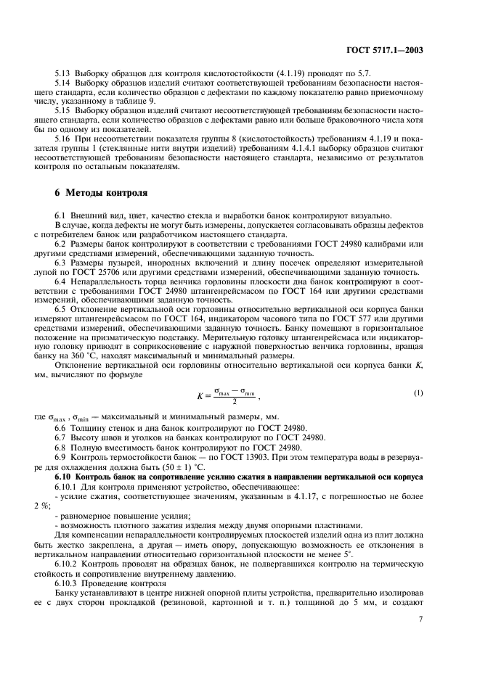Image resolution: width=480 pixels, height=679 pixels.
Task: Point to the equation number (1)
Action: point(418,393)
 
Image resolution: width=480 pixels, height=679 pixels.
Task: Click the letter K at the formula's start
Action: point(200,396)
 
